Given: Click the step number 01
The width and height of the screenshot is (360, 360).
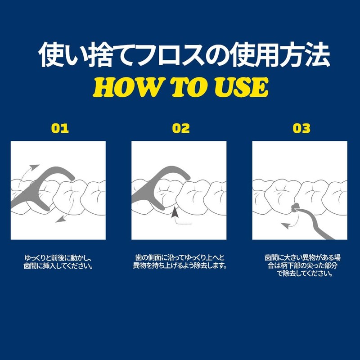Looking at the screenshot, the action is pos(60,128).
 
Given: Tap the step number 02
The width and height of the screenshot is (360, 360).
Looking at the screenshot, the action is pos(181,128).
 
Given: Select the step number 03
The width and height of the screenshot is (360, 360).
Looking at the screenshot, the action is pos(301,128).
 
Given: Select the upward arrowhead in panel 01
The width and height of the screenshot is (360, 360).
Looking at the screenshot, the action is pos(35,167).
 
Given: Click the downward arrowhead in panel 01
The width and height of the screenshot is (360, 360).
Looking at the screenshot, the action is pos(61,220).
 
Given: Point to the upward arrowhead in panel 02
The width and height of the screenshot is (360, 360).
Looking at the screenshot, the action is pos(175,212).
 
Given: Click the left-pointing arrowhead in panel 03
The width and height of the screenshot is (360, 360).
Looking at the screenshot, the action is pos(285,226).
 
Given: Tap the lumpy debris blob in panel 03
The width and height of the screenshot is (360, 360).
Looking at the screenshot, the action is pos(294,208).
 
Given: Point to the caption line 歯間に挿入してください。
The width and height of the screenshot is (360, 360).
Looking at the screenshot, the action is pos(58,266).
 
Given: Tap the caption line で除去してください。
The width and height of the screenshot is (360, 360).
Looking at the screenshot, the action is pos(305,274).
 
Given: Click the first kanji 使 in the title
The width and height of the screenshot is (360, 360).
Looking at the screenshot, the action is pos(51,54).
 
